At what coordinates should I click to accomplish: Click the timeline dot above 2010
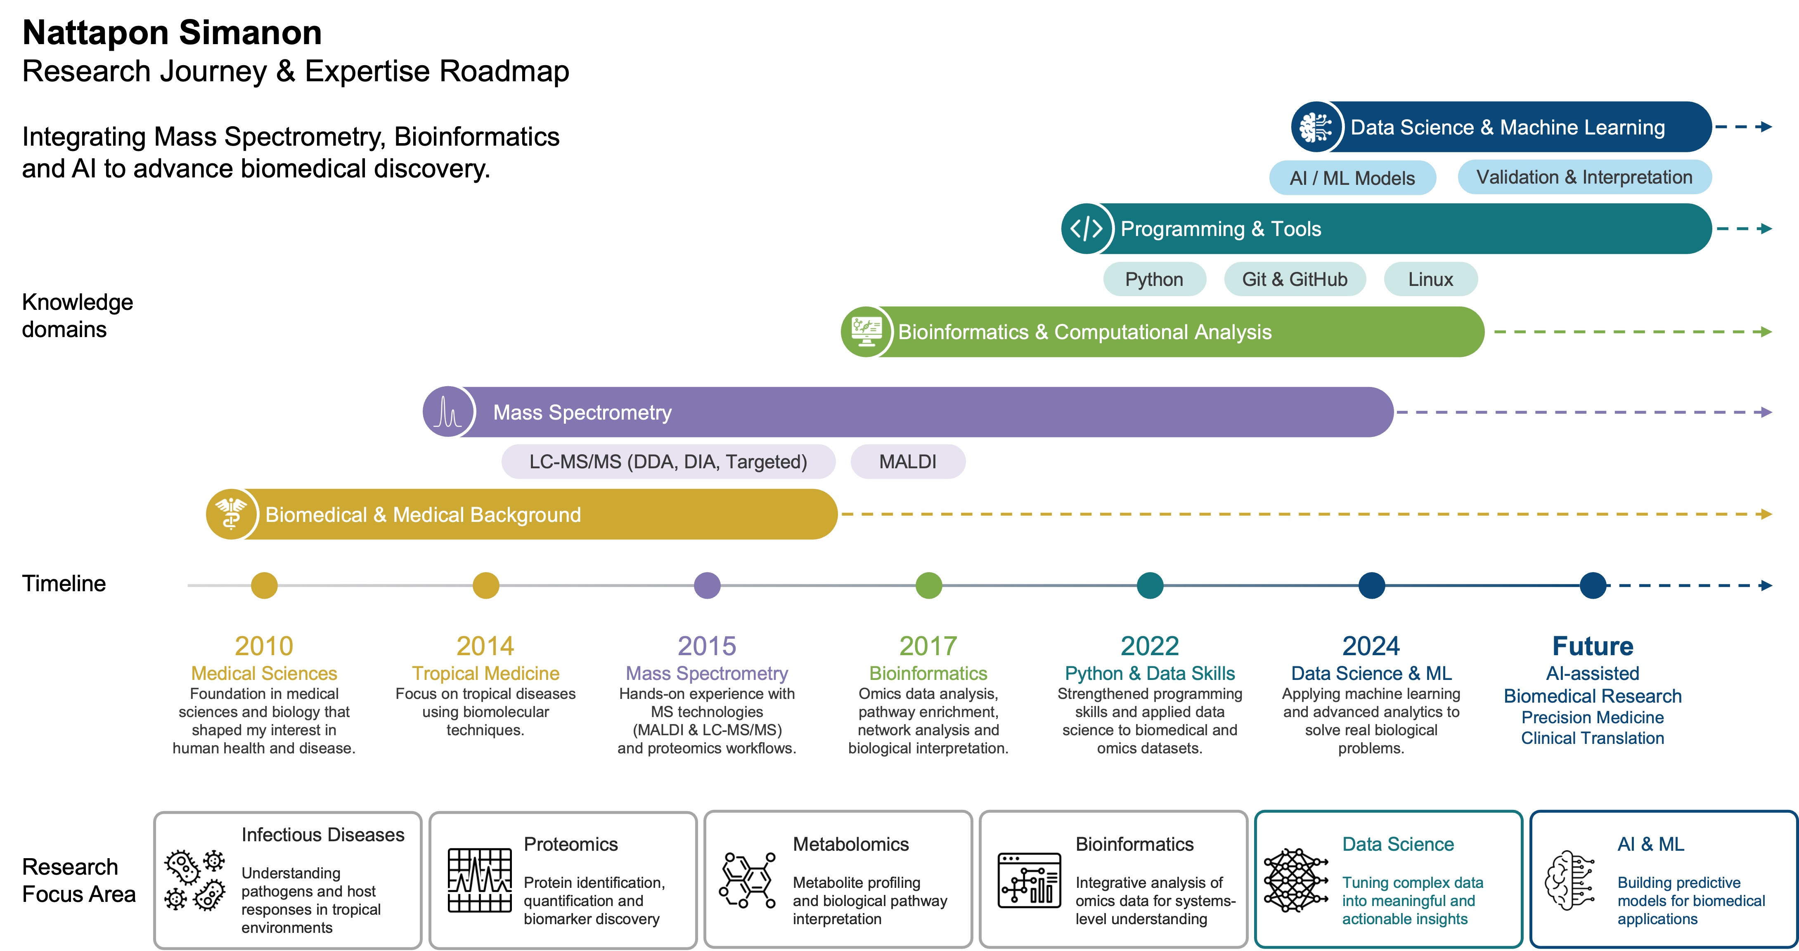click(x=264, y=585)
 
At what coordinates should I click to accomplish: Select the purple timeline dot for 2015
click(x=707, y=585)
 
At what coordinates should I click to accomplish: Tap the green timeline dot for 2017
click(x=928, y=585)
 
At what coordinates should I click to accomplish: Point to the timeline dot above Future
click(x=1593, y=585)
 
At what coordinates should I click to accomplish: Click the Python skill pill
click(x=1154, y=279)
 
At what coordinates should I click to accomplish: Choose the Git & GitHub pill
click(x=1295, y=279)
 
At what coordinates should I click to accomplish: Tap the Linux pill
click(x=1430, y=279)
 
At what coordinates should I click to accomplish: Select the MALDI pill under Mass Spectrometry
click(x=908, y=462)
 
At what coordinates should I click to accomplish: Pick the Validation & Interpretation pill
click(x=1585, y=177)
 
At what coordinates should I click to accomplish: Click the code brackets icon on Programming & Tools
click(x=1087, y=228)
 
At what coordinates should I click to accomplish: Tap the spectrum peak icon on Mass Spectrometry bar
click(x=447, y=412)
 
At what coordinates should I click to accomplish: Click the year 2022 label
click(x=1150, y=646)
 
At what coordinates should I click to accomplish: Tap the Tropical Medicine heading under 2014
click(x=485, y=673)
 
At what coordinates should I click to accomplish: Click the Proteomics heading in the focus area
click(x=570, y=844)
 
